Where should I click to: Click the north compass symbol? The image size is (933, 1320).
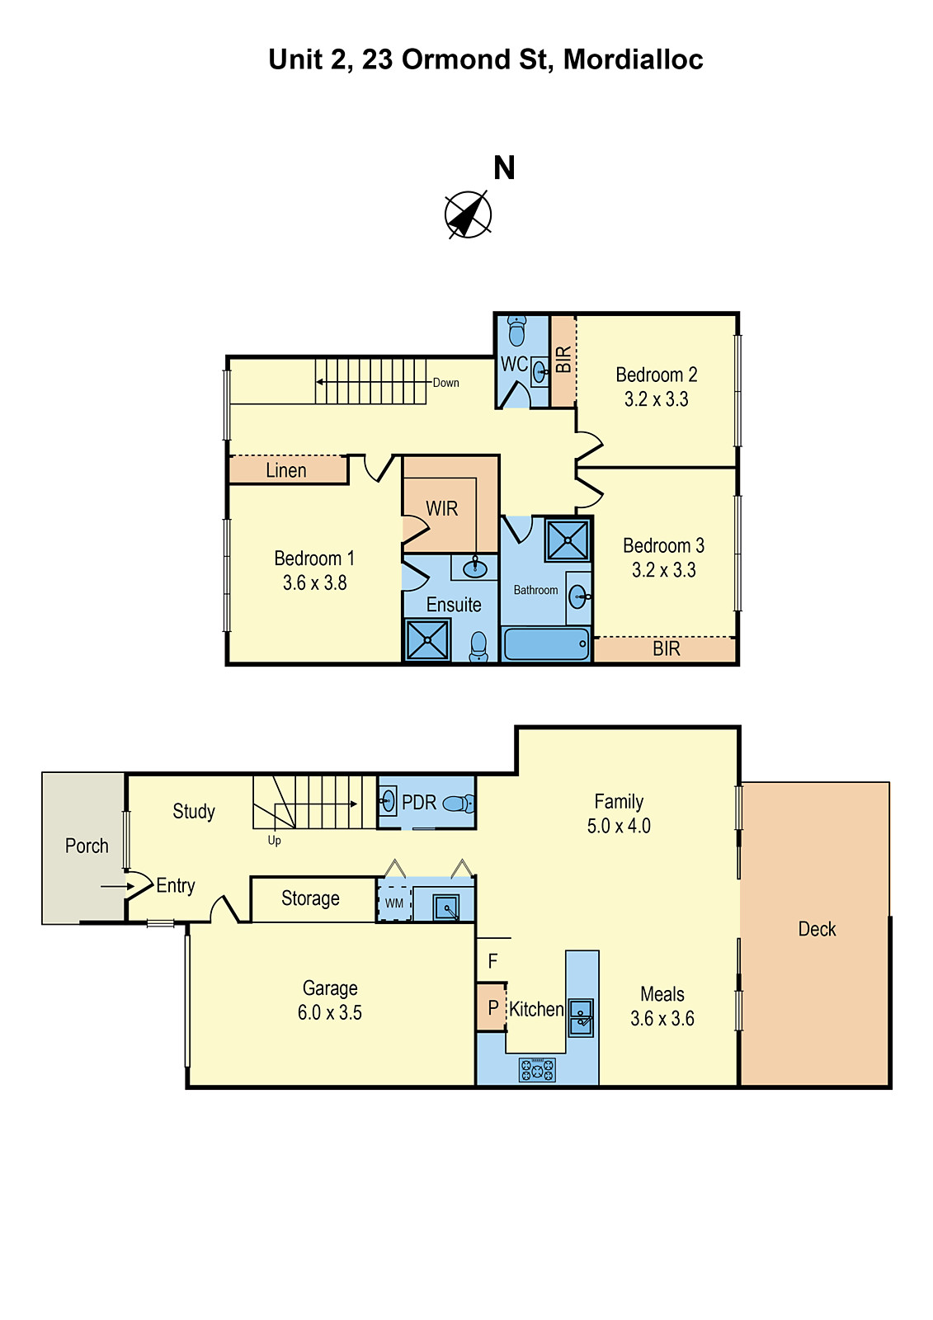click(468, 214)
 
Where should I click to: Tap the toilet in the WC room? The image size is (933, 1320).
click(516, 331)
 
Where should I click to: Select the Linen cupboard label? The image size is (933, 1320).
click(286, 470)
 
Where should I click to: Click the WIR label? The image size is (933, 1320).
click(441, 508)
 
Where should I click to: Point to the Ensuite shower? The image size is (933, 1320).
click(427, 640)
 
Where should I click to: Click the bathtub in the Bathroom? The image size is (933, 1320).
click(546, 643)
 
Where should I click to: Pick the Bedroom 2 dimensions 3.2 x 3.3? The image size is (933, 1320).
click(656, 399)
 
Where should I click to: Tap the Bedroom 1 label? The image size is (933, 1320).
click(314, 558)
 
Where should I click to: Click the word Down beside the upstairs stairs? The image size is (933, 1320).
click(445, 383)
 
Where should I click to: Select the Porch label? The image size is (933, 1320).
click(87, 846)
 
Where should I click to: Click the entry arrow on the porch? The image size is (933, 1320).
click(117, 886)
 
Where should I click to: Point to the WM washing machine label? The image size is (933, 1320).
click(393, 903)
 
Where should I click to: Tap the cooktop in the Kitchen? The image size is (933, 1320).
click(536, 1069)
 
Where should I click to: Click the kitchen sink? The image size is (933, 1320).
click(581, 1018)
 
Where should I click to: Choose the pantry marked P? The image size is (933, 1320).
click(492, 1007)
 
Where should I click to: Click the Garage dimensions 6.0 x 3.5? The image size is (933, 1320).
click(329, 1012)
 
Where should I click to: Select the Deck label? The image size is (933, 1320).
click(817, 929)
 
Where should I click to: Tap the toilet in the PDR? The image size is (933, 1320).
click(459, 804)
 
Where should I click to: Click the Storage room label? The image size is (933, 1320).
click(310, 898)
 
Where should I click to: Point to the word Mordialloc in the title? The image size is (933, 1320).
click(633, 59)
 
